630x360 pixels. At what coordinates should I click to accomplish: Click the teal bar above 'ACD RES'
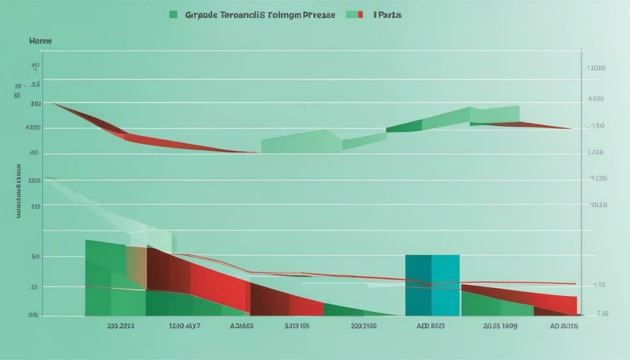(432, 285)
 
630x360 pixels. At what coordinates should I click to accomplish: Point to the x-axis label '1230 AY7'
(184, 326)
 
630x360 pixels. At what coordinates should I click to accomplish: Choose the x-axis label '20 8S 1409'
(500, 326)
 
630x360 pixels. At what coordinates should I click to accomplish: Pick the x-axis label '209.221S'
(120, 326)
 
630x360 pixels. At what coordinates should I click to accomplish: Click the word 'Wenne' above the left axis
(40, 41)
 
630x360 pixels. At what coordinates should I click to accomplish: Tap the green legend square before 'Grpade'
(173, 15)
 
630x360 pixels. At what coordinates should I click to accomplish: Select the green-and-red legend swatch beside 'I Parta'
(354, 15)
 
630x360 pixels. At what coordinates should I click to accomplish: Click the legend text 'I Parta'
(388, 15)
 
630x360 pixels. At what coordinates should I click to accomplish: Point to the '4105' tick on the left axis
(34, 127)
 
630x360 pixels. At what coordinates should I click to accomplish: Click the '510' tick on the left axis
(35, 256)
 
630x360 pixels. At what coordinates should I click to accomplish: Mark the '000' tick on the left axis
(33, 315)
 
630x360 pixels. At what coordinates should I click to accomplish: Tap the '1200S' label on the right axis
(596, 68)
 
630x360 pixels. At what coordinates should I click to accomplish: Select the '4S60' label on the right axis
(596, 99)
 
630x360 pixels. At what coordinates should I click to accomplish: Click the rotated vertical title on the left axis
(19, 191)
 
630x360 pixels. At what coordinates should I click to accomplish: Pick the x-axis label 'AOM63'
(241, 326)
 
